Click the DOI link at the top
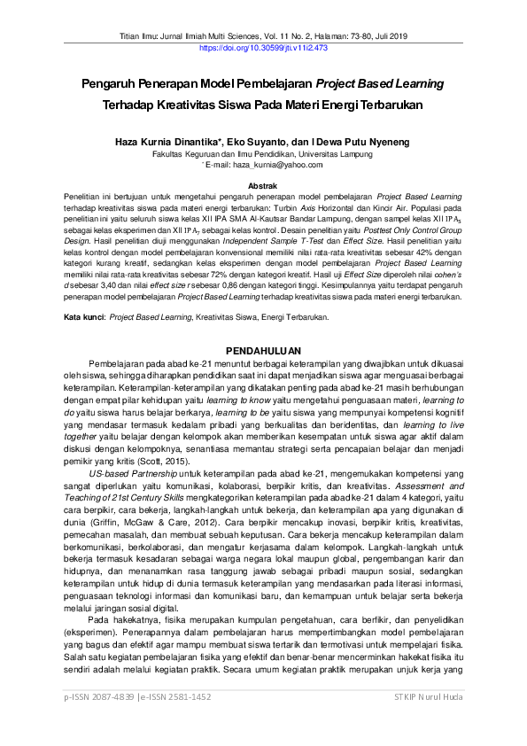pyautogui.click(x=263, y=48)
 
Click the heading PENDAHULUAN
pyautogui.click(x=263, y=350)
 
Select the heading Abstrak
pyautogui.click(x=263, y=184)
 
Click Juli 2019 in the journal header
pyautogui.click(x=387, y=36)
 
